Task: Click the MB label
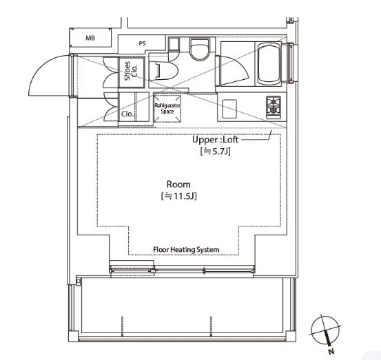point(90,38)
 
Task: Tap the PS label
point(143,43)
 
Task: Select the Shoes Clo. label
point(131,71)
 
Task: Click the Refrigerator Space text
point(167,109)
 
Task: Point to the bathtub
point(269,63)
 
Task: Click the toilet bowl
point(199,50)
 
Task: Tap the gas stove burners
point(274,107)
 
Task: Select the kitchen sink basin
point(229,109)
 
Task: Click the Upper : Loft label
point(215,140)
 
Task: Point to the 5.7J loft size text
point(215,151)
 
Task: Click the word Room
point(178,184)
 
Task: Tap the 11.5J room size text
point(178,196)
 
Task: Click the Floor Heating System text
point(186,250)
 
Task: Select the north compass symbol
point(325,330)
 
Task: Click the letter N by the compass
point(331,351)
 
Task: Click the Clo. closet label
point(127,114)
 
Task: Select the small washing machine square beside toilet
point(174,44)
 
